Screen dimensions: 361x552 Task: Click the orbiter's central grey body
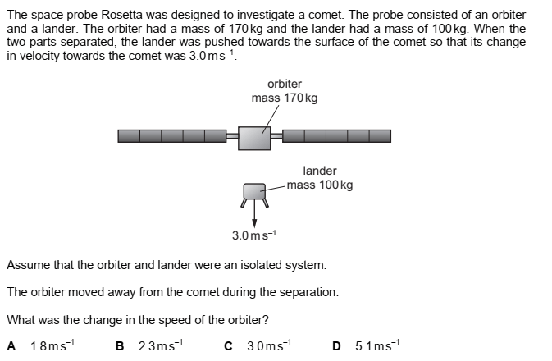click(x=254, y=137)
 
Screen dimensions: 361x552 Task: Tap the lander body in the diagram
click(x=254, y=192)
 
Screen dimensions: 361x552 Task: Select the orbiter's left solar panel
click(x=172, y=136)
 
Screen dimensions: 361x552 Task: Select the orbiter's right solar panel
click(x=336, y=136)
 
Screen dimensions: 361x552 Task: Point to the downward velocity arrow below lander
click(x=254, y=215)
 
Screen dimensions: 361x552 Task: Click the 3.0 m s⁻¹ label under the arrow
click(x=254, y=235)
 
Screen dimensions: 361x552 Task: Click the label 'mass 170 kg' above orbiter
click(x=285, y=98)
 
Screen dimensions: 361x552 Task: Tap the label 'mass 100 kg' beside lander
click(x=320, y=185)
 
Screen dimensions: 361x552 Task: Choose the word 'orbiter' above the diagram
click(x=285, y=84)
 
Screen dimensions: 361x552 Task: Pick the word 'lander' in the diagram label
click(x=320, y=171)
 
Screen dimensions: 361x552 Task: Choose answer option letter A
click(x=11, y=346)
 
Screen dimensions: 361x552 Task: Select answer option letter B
click(x=121, y=346)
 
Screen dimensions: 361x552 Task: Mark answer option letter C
click(x=229, y=346)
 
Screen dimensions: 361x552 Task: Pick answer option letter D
click(x=337, y=346)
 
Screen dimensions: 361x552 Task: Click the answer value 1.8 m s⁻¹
click(x=49, y=346)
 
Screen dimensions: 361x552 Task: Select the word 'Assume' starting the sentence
click(x=26, y=265)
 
